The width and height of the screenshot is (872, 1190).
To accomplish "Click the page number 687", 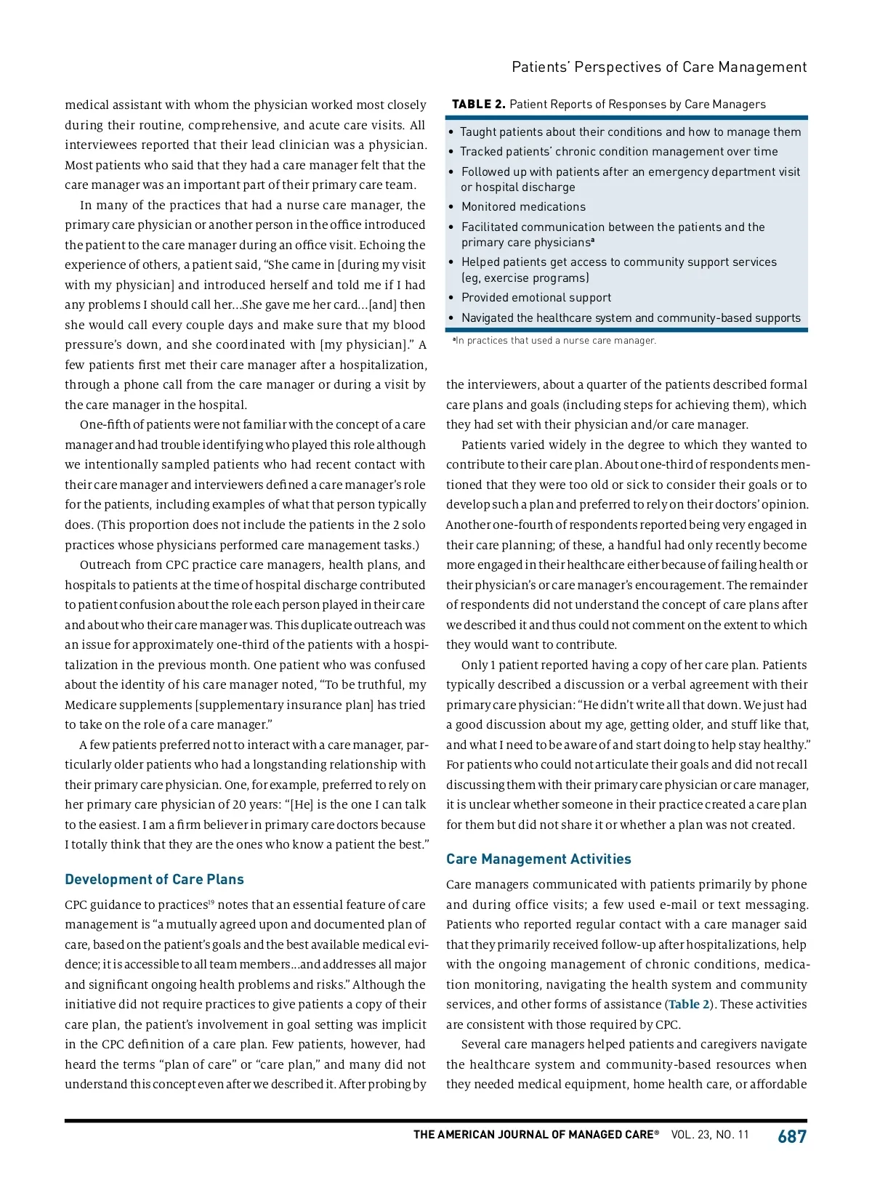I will pos(791,1136).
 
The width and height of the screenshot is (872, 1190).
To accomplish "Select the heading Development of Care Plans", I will pos(154,879).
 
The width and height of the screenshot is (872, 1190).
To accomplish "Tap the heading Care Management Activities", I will pos(538,859).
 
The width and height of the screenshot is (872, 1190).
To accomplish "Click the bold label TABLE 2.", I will pos(478,104).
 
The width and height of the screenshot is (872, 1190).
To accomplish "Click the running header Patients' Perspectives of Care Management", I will pos(659,67).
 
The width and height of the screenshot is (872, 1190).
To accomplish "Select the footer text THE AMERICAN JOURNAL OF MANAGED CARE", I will pos(536,1135).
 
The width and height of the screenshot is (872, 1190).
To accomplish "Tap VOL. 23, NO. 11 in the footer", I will pos(709,1135).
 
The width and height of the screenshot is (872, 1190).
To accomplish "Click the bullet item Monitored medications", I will pos(523,207).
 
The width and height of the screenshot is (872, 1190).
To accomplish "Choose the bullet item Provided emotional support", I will pos(536,298).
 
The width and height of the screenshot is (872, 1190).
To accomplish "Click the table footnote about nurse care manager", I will pos(554,341).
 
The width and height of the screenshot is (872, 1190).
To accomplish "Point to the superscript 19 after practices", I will pos(211,902).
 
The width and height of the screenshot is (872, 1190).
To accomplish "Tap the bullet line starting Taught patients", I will pos(630,131).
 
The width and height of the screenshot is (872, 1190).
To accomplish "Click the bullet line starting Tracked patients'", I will pos(618,152).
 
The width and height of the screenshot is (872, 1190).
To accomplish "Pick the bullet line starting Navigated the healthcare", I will pos(631,318).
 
